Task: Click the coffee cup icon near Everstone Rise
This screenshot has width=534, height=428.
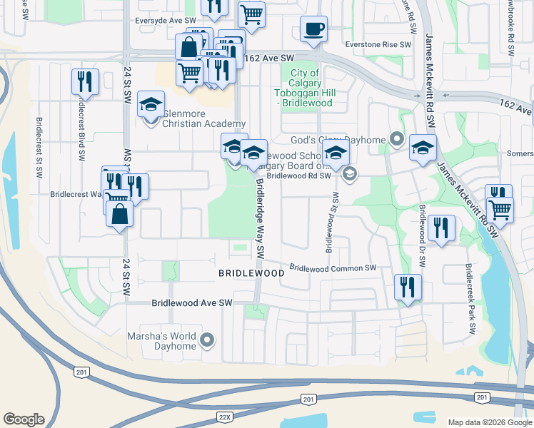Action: coord(313,29)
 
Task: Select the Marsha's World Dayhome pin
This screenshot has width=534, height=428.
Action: coord(208,340)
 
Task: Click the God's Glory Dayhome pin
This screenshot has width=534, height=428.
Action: coord(397,140)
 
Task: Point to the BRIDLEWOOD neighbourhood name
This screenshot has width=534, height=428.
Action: coord(251,273)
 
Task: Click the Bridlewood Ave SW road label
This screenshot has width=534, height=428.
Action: coord(192,303)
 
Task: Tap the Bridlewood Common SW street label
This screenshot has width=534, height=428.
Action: coord(333,268)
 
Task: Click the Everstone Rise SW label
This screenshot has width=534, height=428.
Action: coord(378,44)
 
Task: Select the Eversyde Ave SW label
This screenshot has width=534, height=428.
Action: coord(166,21)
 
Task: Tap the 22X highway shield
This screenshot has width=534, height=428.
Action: coord(224,416)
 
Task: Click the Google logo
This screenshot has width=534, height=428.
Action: coord(24,419)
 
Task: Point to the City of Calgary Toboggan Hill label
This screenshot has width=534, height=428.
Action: coord(304,88)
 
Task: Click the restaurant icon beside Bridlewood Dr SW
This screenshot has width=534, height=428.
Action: coord(443,228)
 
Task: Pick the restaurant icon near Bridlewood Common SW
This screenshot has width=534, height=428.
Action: coord(408,287)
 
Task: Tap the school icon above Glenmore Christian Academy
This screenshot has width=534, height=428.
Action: coord(151,104)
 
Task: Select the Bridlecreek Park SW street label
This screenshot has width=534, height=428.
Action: coord(470,300)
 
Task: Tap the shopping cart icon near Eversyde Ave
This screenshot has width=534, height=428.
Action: coord(251,14)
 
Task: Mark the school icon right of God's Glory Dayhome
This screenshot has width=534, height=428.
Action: coord(423,148)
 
